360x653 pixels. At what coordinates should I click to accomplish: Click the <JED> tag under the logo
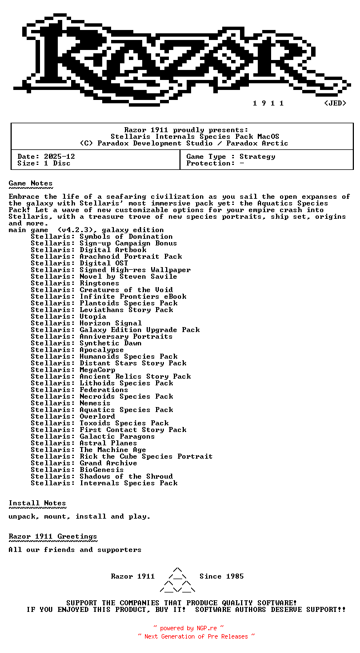click(x=335, y=103)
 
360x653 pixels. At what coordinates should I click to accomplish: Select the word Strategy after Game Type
click(x=257, y=157)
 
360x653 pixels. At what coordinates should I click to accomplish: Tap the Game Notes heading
click(x=31, y=183)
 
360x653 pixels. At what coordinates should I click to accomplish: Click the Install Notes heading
click(x=37, y=503)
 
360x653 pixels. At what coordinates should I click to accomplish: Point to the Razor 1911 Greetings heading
click(x=53, y=536)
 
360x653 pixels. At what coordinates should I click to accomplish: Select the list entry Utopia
click(x=93, y=317)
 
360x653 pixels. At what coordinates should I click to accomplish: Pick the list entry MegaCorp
click(x=97, y=370)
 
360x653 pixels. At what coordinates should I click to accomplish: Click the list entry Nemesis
click(x=95, y=403)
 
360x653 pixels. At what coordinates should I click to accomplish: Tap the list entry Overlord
click(x=97, y=416)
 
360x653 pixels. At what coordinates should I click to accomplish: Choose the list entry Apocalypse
click(x=102, y=350)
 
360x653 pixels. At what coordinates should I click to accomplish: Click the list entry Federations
click(x=104, y=390)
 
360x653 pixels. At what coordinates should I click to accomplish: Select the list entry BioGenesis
click(x=102, y=470)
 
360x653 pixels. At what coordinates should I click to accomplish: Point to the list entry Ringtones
click(x=99, y=283)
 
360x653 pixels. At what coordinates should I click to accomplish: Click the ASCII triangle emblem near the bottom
click(x=177, y=580)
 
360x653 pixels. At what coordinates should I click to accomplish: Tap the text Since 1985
click(x=222, y=576)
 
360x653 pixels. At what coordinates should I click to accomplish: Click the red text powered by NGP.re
click(x=188, y=629)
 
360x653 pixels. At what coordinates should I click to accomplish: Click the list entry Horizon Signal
click(x=111, y=323)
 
